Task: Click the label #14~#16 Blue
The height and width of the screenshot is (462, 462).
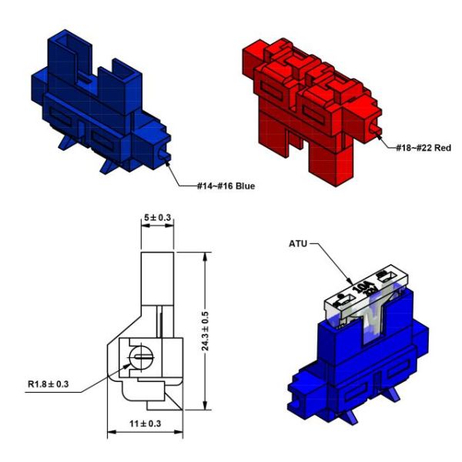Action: click(226, 186)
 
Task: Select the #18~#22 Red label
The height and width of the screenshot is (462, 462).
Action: click(423, 148)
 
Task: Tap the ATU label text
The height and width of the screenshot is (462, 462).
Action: click(298, 244)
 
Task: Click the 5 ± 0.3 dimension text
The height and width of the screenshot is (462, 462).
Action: click(157, 218)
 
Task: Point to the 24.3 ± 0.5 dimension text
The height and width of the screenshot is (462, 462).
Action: click(205, 331)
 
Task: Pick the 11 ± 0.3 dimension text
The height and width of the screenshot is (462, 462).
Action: click(146, 423)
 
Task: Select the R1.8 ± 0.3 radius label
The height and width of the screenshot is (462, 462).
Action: click(49, 384)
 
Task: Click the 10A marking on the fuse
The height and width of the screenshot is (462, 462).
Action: click(363, 287)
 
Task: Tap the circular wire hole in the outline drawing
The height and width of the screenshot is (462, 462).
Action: click(141, 357)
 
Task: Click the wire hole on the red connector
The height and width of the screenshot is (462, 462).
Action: click(375, 128)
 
